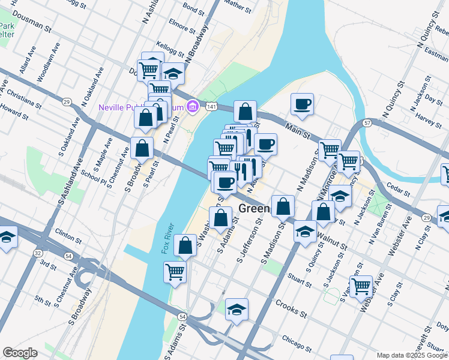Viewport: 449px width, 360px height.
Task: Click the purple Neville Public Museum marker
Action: [193, 107]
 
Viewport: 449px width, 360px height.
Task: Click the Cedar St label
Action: [399, 189]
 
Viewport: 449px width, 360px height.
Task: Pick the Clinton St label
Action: [67, 233]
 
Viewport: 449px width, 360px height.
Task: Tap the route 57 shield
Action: [367, 123]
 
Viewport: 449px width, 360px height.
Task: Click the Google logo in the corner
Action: [20, 353]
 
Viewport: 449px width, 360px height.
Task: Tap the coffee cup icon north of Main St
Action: [302, 104]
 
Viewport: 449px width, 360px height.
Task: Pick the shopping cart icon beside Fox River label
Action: [175, 271]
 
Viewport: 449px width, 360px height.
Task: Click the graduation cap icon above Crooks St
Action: [237, 309]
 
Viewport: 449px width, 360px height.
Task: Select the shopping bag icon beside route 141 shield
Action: [245, 112]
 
